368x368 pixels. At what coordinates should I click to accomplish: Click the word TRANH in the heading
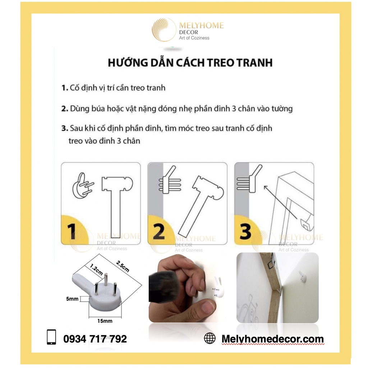coord(253,63)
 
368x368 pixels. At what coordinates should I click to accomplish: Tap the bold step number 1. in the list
coord(65,88)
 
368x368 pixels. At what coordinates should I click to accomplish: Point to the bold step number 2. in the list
coord(65,109)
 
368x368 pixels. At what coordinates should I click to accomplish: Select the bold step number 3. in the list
coord(65,129)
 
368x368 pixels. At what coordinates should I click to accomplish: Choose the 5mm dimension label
coord(73,298)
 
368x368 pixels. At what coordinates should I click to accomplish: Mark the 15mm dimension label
coord(105,321)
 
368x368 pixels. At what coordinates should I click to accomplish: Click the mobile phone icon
coord(52,338)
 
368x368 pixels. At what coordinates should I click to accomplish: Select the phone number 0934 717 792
coord(95,339)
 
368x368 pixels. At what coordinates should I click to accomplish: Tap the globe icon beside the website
coord(210,338)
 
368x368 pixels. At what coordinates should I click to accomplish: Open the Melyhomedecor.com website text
coord(272,339)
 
